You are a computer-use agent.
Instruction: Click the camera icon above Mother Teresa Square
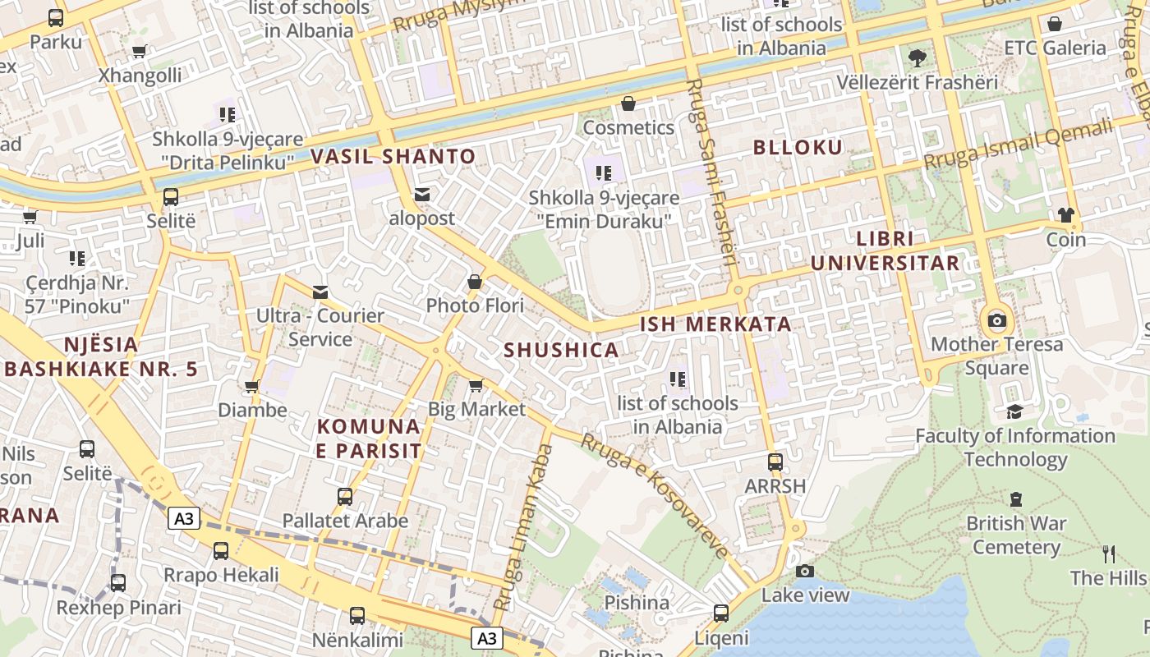[996, 320]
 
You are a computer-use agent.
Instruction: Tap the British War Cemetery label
[1016, 535]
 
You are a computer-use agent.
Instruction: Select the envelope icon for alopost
[422, 195]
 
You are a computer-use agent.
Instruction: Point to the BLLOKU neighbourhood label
[798, 148]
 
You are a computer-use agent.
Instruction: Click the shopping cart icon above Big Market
[476, 385]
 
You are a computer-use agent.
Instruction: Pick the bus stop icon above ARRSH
[775, 462]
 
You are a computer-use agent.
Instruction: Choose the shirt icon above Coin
[1065, 216]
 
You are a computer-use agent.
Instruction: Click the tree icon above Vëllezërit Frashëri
[917, 58]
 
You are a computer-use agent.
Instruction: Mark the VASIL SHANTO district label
[393, 156]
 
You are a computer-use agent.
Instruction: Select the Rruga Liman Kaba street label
[523, 526]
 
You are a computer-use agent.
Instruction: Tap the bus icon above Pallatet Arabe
[345, 497]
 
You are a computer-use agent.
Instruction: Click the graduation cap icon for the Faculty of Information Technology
[1015, 411]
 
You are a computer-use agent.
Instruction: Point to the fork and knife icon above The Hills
[1109, 554]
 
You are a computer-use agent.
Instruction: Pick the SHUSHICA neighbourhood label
[561, 350]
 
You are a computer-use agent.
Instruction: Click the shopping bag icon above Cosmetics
[628, 103]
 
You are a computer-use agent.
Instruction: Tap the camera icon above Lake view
[805, 571]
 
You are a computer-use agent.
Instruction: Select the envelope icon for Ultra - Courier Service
[320, 292]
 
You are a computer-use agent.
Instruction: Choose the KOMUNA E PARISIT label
[369, 439]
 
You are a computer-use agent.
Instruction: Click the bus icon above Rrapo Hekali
[221, 551]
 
